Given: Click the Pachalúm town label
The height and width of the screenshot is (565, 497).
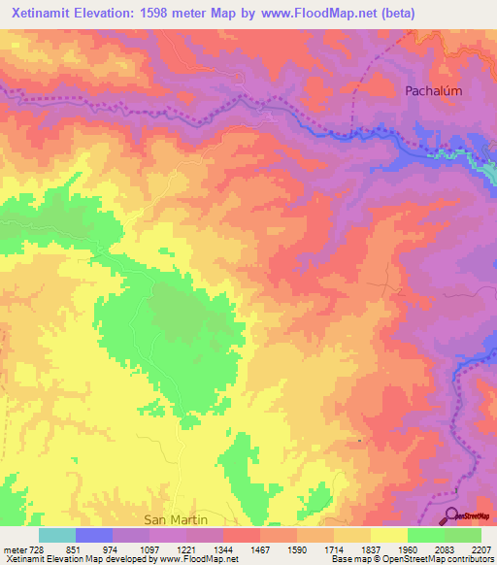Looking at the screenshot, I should click(433, 90).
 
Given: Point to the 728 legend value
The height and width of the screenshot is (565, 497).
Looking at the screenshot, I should click(37, 548).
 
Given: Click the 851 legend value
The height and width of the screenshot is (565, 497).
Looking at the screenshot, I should click(74, 548).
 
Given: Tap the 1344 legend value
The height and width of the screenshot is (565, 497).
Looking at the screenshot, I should click(222, 548).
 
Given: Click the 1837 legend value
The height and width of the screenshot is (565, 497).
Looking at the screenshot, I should click(371, 548).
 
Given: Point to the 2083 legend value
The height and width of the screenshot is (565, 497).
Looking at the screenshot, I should click(445, 548).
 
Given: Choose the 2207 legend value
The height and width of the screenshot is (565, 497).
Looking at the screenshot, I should click(481, 548).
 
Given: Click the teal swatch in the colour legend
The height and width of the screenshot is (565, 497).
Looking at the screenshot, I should click(56, 535).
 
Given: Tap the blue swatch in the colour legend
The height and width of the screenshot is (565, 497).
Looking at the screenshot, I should click(93, 535).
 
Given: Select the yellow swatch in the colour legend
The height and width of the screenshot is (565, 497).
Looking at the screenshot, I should click(389, 535).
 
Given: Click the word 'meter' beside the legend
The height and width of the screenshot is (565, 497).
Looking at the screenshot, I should click(14, 548).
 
